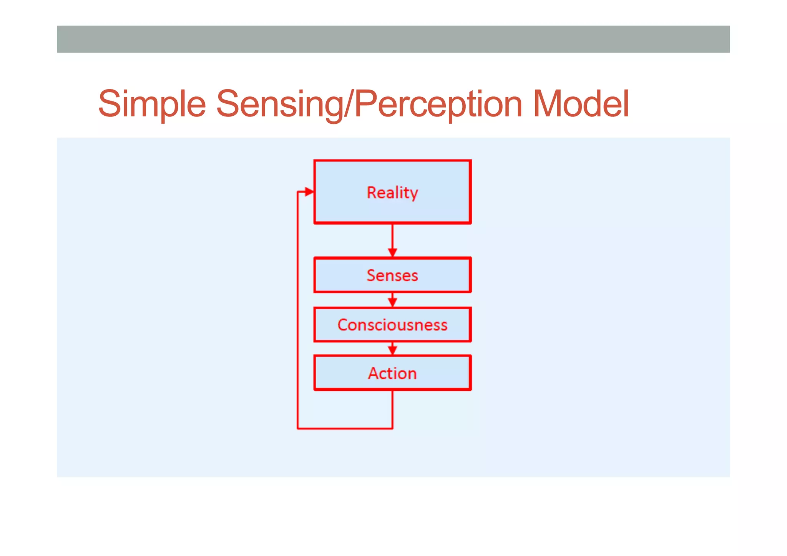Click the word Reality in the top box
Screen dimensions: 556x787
tap(392, 193)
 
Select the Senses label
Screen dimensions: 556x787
tap(392, 276)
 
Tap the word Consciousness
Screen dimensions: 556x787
tap(392, 325)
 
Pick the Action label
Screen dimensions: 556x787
tap(392, 373)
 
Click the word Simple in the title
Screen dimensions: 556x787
tap(152, 104)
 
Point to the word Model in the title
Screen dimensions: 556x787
tap(581, 104)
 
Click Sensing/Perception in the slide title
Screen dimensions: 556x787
tap(369, 104)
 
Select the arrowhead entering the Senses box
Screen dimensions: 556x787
tap(392, 252)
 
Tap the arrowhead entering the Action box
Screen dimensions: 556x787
tap(392, 350)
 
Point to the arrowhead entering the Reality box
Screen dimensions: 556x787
tap(309, 192)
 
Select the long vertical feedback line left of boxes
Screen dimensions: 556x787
tap(297, 307)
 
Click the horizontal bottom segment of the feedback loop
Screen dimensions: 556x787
tap(345, 428)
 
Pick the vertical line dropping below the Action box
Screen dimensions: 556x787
tap(392, 409)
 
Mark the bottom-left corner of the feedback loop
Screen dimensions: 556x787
tap(298, 428)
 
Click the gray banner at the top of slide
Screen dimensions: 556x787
tap(393, 39)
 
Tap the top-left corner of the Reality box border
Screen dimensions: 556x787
tap(315, 161)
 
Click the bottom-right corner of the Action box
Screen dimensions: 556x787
tap(470, 389)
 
